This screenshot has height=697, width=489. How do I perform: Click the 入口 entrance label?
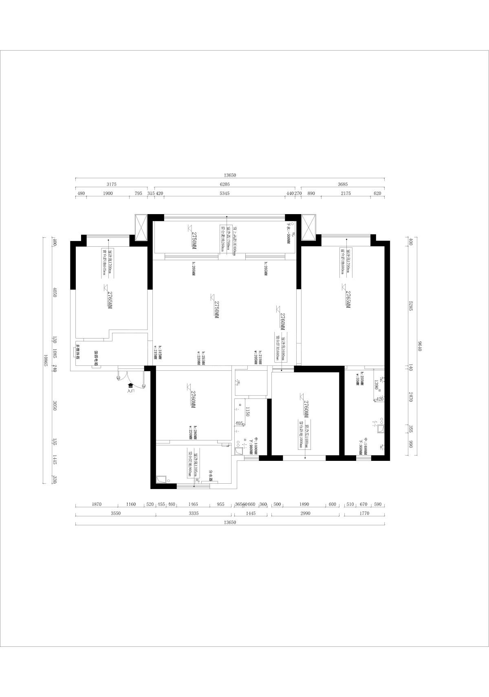(130, 391)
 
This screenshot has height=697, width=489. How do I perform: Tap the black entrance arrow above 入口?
(130, 385)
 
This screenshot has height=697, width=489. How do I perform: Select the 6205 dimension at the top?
(225, 184)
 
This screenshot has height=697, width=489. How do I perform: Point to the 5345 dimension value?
(225, 193)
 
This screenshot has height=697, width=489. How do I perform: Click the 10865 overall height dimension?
(46, 360)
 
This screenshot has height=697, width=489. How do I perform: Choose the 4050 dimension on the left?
(55, 292)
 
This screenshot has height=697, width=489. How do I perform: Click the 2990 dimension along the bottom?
(305, 513)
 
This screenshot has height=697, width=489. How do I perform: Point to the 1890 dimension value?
(304, 504)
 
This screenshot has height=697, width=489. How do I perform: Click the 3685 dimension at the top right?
(343, 184)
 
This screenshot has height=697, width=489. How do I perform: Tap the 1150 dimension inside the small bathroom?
(247, 411)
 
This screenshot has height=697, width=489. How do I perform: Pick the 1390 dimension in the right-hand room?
(377, 384)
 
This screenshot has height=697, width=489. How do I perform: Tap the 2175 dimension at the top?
(346, 193)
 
